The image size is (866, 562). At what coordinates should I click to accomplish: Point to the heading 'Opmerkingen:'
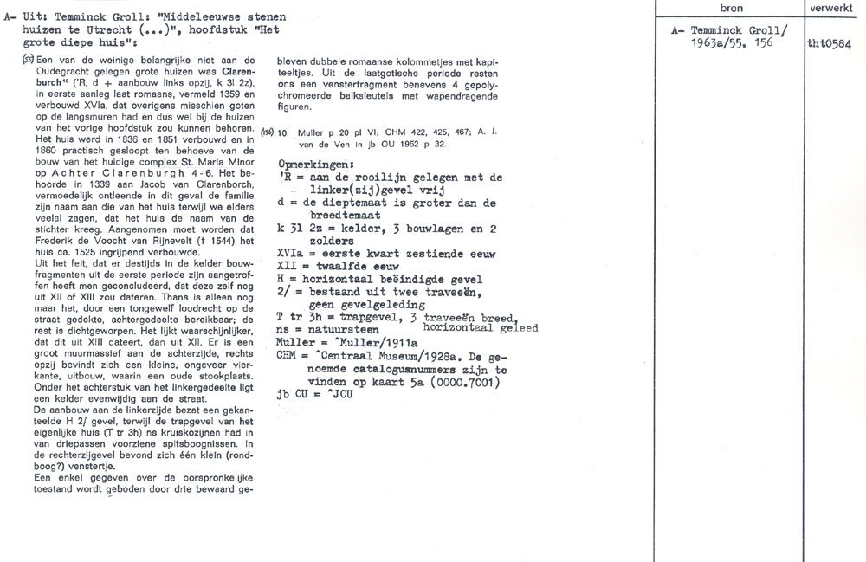point(317,163)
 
